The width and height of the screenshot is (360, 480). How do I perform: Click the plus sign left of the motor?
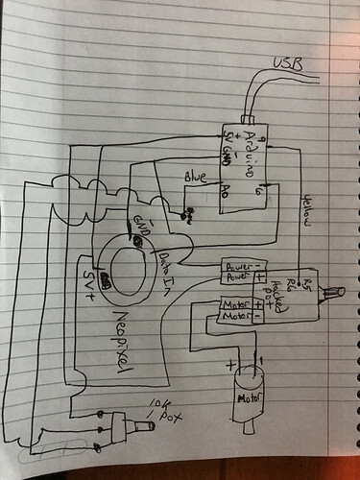228,366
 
